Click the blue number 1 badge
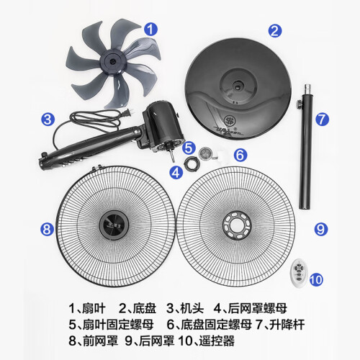pyautogui.click(x=150, y=30)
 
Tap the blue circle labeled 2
pyautogui.click(x=275, y=31)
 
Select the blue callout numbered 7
pyautogui.click(x=322, y=120)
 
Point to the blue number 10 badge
pyautogui.click(x=316, y=279)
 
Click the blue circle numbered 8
pyautogui.click(x=47, y=229)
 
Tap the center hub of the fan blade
pyautogui.click(x=112, y=61)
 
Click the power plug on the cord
pyautogui.click(x=126, y=113)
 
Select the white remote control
pyautogui.click(x=299, y=273)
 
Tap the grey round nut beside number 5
pyautogui.click(x=205, y=153)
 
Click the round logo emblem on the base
pyautogui.click(x=230, y=121)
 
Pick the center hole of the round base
pyautogui.click(x=238, y=87)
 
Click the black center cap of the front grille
pyautogui.click(x=114, y=225)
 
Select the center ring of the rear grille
pyautogui.click(x=237, y=225)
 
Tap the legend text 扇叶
pyautogui.click(x=94, y=308)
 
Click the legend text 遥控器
pyautogui.click(x=217, y=341)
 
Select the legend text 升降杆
pyautogui.click(x=287, y=325)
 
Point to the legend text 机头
pyautogui.click(x=192, y=308)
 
